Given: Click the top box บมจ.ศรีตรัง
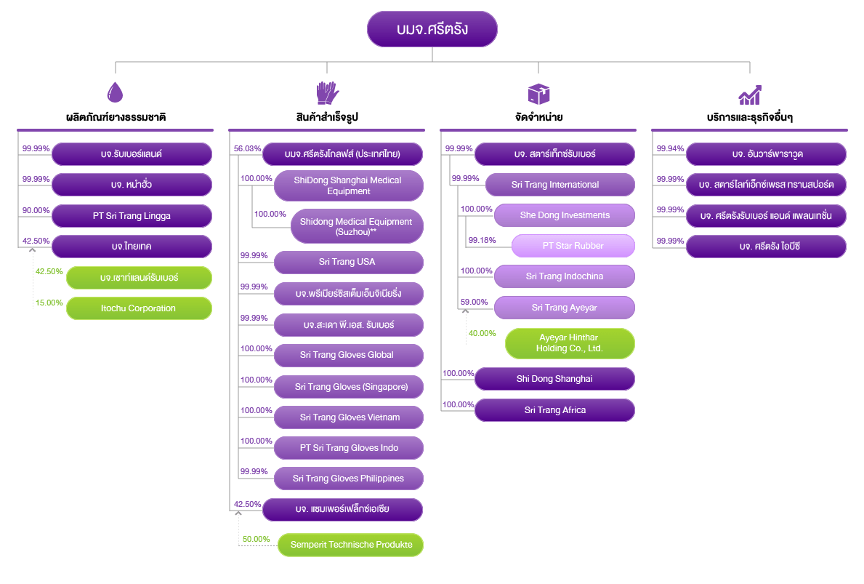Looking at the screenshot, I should point(432,29).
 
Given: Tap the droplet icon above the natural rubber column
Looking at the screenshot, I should point(115,92).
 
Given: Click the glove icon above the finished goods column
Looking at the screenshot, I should point(327,92).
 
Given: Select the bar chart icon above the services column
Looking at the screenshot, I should point(750,95).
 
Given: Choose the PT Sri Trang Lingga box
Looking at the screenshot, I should point(132,216).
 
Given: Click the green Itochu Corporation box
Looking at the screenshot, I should point(139,308).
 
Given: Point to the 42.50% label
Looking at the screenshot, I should point(49,272).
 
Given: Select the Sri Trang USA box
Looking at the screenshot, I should point(348,262).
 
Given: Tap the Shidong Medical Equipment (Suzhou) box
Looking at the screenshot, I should point(357,226).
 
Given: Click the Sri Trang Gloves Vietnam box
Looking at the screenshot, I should point(348,417).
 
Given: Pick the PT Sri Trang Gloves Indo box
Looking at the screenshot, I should point(348,448).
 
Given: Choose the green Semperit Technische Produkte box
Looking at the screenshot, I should point(350,545).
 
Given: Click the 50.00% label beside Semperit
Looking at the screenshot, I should point(257,539).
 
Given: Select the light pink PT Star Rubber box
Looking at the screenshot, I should point(573,246).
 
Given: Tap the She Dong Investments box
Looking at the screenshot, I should point(565,215).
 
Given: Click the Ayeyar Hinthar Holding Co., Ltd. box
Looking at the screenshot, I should point(570,343).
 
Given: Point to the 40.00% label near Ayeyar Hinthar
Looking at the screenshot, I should point(482,333).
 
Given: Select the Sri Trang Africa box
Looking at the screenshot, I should point(554,410).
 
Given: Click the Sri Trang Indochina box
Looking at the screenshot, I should point(565,276).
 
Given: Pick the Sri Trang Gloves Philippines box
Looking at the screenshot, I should point(348,479).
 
